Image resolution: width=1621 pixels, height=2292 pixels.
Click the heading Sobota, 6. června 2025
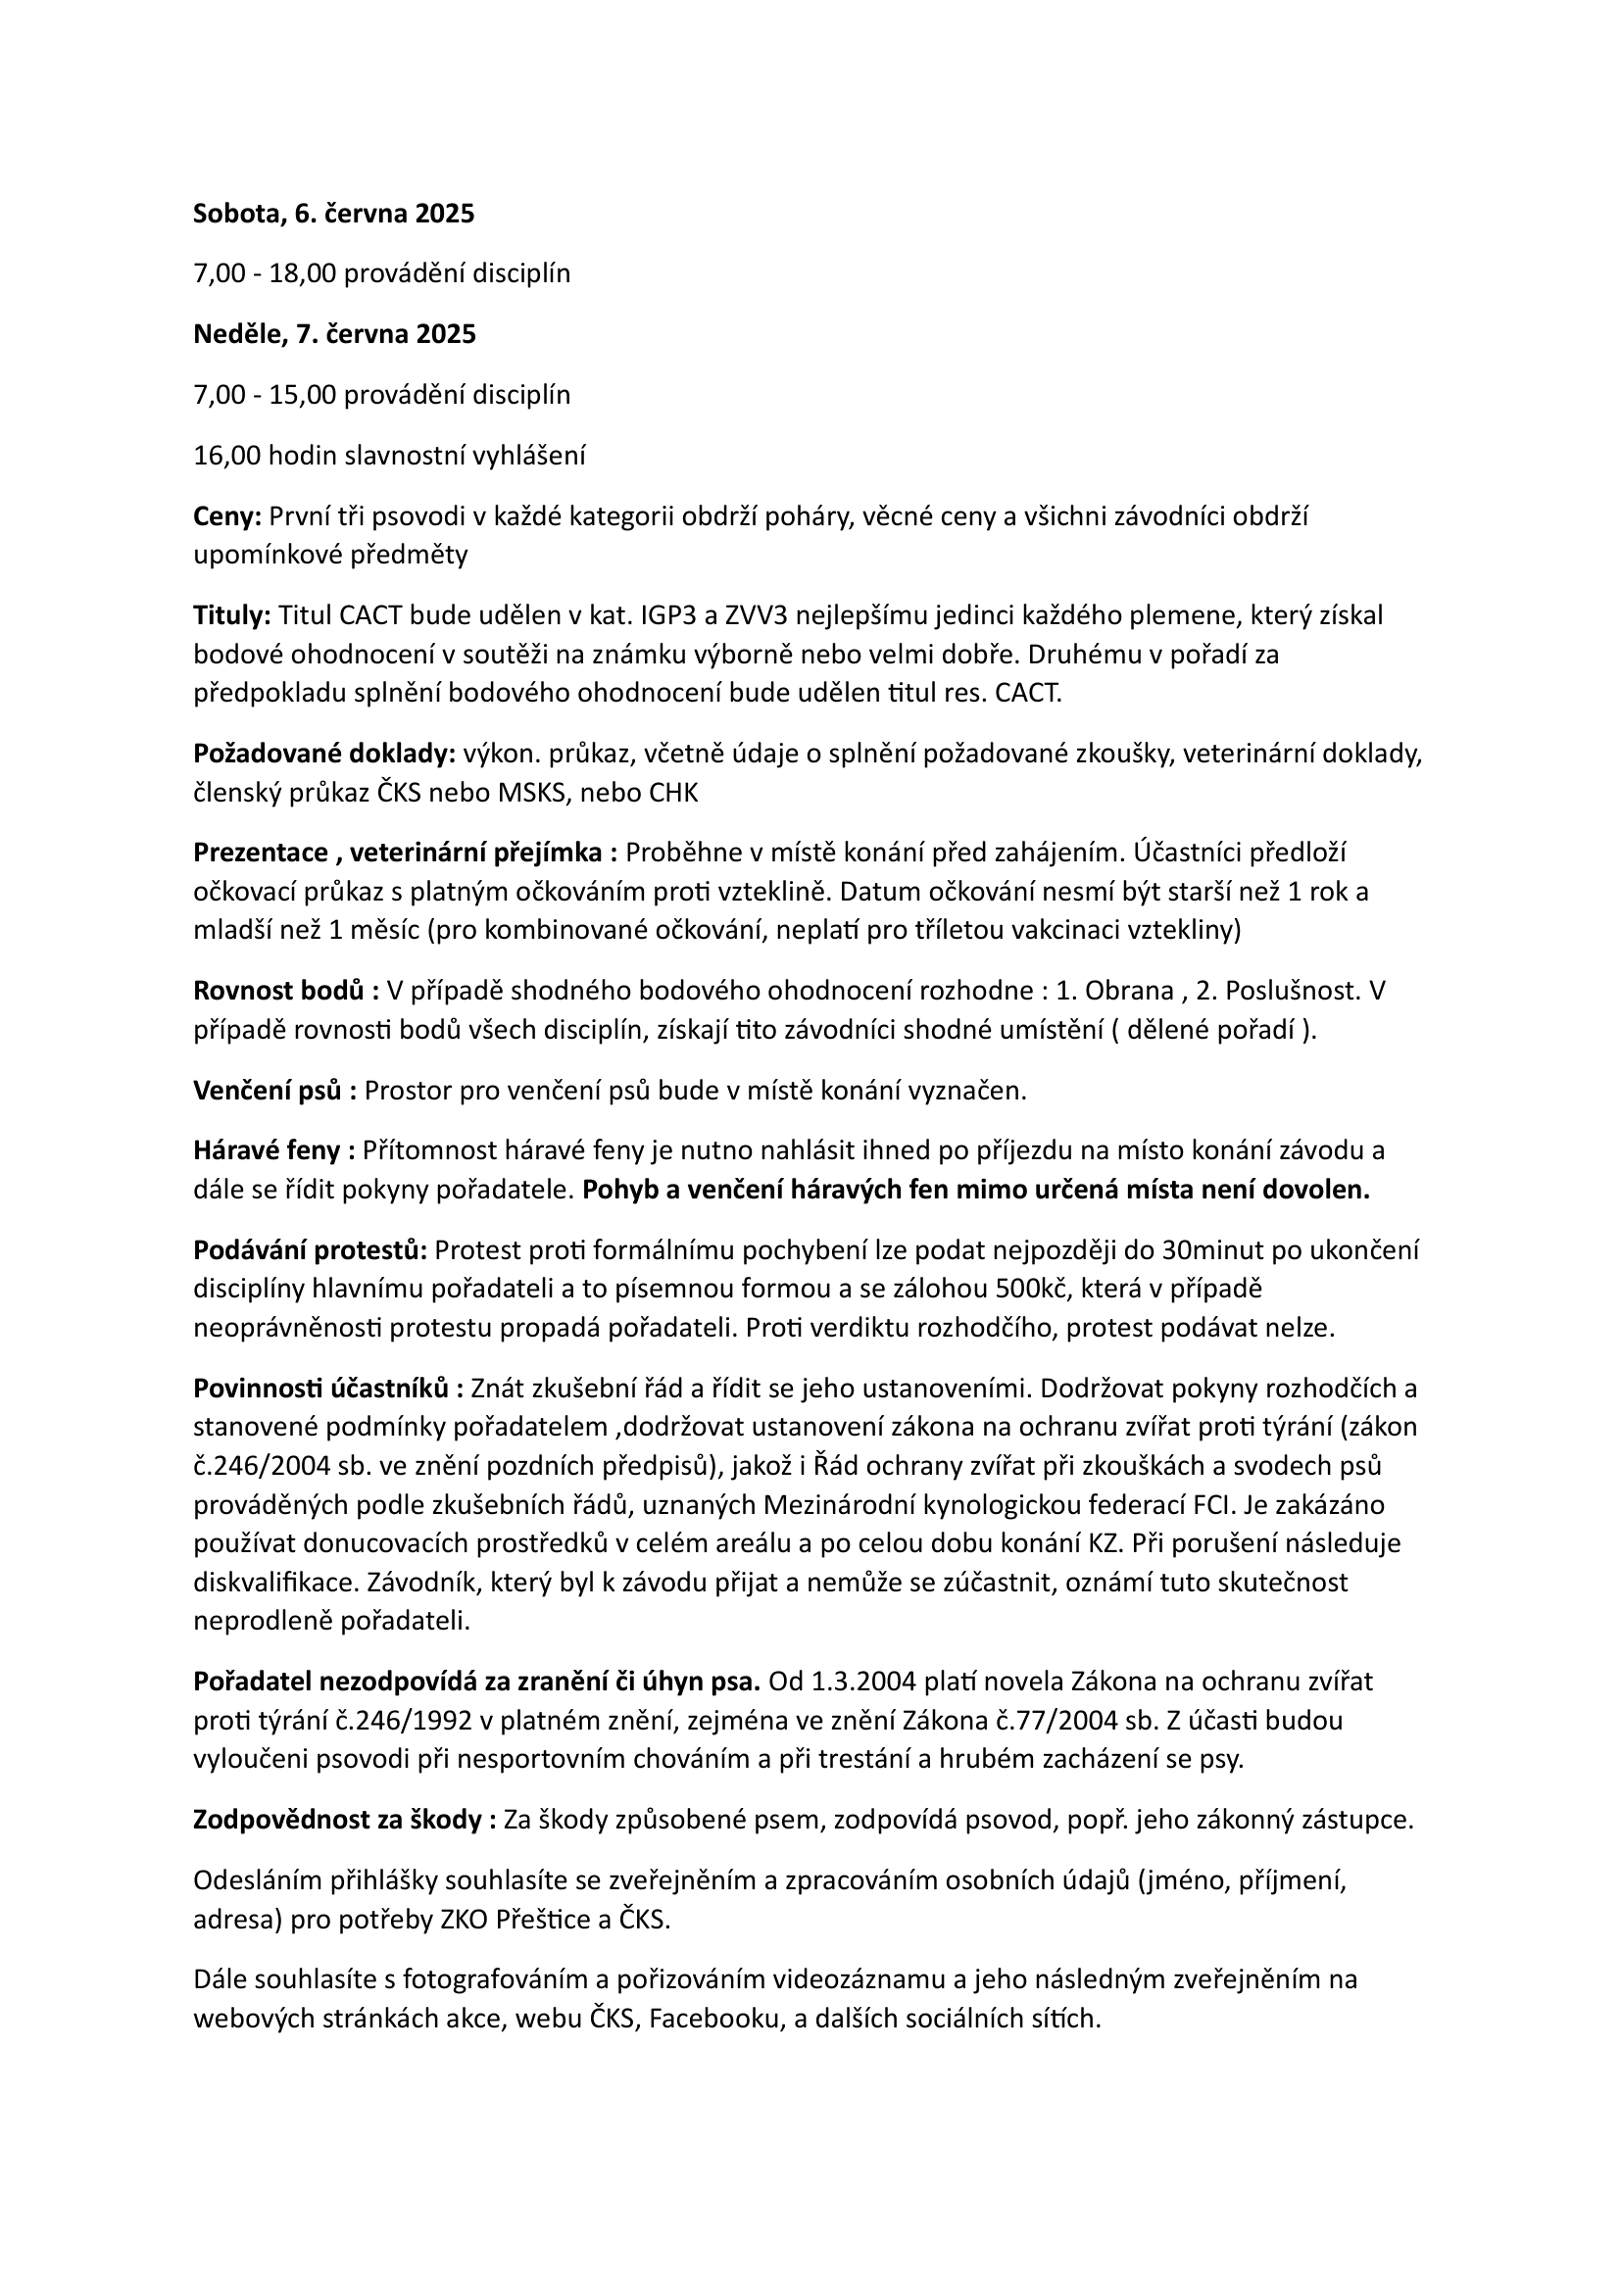pos(333,214)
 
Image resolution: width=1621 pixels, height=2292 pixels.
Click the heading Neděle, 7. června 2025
pos(334,334)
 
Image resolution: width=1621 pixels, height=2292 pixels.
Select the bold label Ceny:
pos(226,516)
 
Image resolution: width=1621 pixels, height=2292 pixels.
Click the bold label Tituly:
pos(231,616)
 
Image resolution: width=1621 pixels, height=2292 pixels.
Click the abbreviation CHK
pos(673,794)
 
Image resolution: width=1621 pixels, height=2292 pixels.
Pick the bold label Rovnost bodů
pos(278,992)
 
